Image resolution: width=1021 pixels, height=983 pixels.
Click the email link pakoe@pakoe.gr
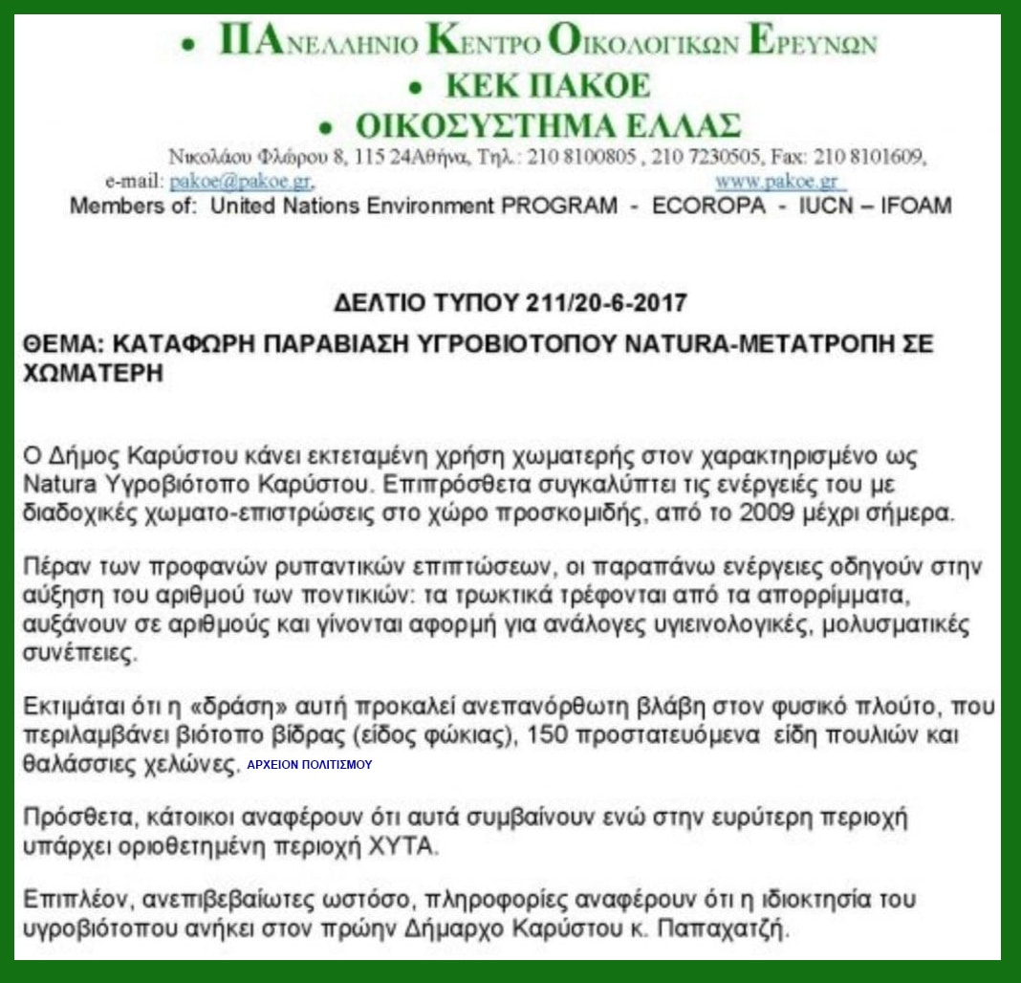(x=241, y=181)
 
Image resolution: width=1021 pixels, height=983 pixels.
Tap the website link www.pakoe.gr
(x=776, y=181)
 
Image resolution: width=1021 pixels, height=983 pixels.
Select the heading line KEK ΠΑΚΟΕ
(x=548, y=86)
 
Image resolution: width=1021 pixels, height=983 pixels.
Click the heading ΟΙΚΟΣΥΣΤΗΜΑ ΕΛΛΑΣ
(x=549, y=126)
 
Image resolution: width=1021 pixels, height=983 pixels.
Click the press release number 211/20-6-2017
(x=606, y=303)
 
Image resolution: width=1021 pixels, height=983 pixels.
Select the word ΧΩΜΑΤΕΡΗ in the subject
(x=92, y=374)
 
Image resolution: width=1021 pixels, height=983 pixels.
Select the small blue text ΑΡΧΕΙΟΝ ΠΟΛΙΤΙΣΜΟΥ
(x=309, y=765)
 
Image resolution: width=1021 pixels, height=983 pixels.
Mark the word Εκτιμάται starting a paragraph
(x=71, y=709)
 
